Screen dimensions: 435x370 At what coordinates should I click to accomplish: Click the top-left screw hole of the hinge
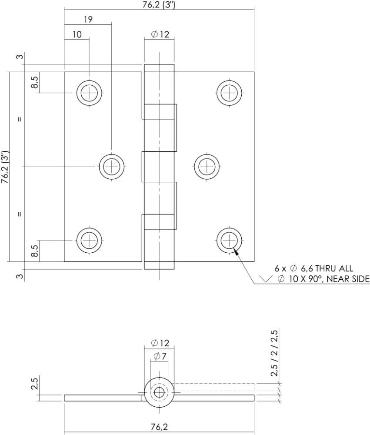90,93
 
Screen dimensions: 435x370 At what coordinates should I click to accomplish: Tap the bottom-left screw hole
90,240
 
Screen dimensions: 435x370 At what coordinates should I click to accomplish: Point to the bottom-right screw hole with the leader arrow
229,240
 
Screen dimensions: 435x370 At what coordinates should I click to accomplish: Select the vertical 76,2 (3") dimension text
5,167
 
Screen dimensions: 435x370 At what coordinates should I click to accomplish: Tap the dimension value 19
88,20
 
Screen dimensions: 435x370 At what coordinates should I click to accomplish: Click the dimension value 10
77,34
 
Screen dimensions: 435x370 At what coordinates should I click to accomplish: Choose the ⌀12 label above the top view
160,34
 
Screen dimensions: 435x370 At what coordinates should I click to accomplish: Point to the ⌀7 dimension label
160,357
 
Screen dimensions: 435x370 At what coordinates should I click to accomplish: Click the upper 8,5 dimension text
35,82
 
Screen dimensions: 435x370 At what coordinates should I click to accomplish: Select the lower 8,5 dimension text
35,251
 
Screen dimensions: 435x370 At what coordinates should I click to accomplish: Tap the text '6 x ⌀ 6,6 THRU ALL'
313,268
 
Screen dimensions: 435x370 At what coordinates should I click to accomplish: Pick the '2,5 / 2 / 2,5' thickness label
274,353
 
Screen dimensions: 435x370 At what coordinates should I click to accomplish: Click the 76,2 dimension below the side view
159,427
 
